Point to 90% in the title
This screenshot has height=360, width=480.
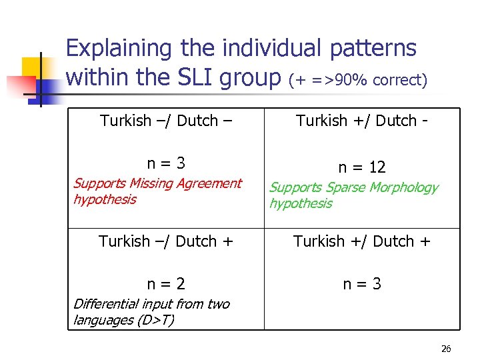click(353, 80)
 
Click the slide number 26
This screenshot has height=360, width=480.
click(446, 349)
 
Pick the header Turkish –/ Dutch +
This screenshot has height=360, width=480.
click(166, 241)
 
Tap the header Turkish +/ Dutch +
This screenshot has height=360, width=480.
click(362, 241)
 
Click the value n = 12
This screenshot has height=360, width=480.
click(361, 167)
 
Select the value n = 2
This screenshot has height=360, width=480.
click(166, 284)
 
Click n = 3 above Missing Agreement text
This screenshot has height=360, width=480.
click(166, 163)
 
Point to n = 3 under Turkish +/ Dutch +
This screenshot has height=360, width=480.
click(362, 284)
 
